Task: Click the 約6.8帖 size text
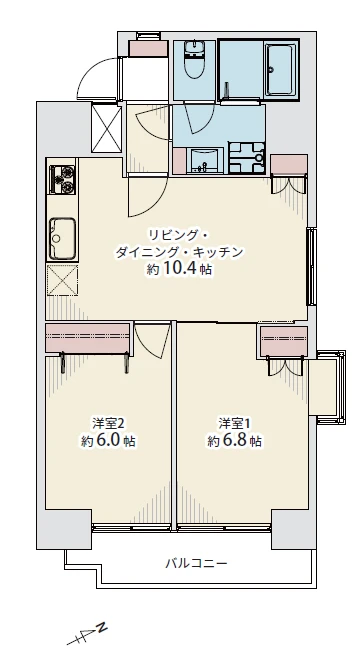pos(235,440)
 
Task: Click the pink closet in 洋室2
pos(87,340)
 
